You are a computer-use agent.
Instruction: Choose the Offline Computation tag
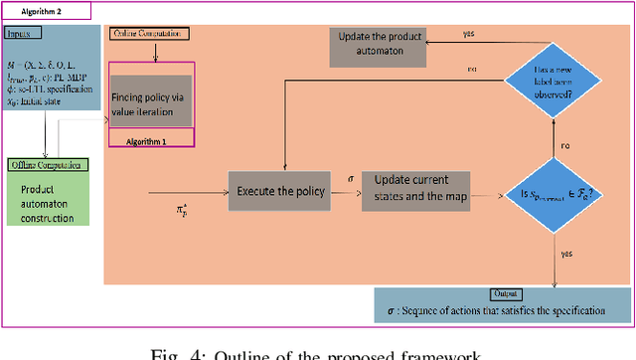click(45, 164)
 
